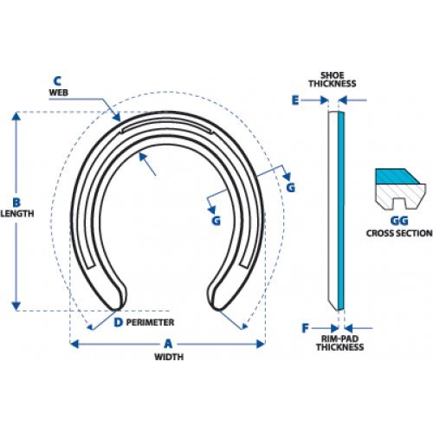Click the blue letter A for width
point(168,344)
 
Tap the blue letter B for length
point(16,203)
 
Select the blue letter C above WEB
point(57,81)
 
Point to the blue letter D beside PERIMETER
point(118,322)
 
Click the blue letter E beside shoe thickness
point(295,100)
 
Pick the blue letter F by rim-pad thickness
point(305,328)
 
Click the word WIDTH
point(169,357)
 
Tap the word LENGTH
point(17,214)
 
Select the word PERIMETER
point(150,322)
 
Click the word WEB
point(59,93)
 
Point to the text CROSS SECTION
point(399,233)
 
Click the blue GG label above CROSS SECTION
point(399,221)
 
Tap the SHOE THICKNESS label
point(333,80)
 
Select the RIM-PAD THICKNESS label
point(339,343)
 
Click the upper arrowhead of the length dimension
point(16,116)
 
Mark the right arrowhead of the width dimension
point(261,344)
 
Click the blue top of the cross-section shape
point(397,177)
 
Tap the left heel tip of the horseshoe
point(117,308)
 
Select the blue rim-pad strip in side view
point(341,210)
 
